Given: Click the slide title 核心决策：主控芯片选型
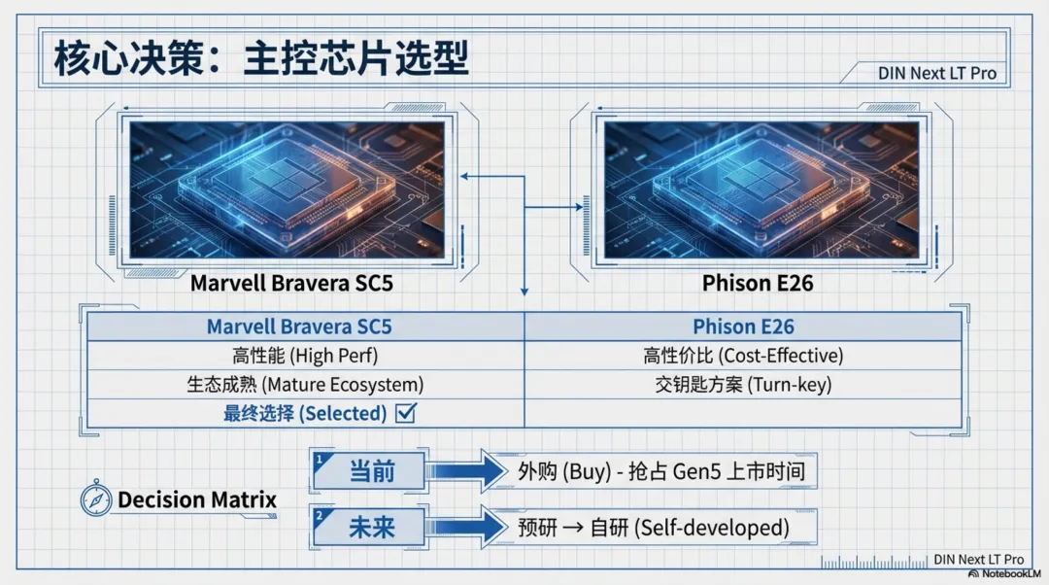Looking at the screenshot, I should click(261, 58).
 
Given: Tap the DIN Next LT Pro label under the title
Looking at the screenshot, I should click(936, 73).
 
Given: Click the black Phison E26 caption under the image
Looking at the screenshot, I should click(758, 284).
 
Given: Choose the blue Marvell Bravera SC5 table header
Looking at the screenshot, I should click(306, 327).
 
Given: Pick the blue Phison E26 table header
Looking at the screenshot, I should click(743, 327).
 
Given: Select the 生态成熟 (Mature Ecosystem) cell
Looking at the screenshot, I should click(306, 384).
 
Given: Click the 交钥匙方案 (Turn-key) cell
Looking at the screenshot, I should click(743, 384).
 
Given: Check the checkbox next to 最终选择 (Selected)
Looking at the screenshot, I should click(406, 413).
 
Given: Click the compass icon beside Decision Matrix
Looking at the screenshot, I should click(96, 499).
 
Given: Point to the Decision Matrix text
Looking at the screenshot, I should click(197, 500).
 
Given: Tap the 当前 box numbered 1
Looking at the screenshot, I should click(369, 472).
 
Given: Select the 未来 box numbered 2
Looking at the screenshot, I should click(369, 528).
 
